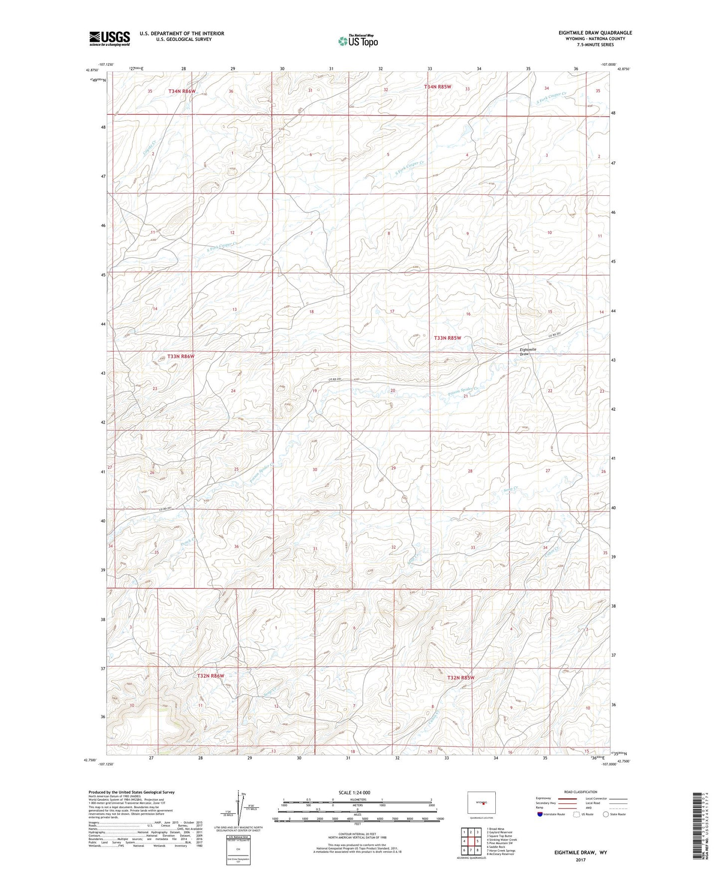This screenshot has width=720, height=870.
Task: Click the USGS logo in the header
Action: click(110, 38)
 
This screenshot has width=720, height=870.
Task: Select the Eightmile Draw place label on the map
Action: click(528, 352)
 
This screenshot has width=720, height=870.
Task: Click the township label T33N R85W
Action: click(447, 338)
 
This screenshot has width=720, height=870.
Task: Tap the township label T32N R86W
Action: click(210, 676)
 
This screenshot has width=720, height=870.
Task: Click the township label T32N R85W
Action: click(460, 678)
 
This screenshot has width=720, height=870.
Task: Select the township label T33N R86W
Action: click(180, 357)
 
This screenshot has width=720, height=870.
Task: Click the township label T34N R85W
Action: click(437, 87)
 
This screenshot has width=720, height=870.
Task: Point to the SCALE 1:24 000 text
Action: click(354, 793)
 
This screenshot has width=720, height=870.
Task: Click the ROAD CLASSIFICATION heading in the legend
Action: click(580, 792)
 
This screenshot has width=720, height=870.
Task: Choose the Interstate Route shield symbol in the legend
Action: click(540, 814)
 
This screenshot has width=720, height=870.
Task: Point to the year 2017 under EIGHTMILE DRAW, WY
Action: click(580, 860)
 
